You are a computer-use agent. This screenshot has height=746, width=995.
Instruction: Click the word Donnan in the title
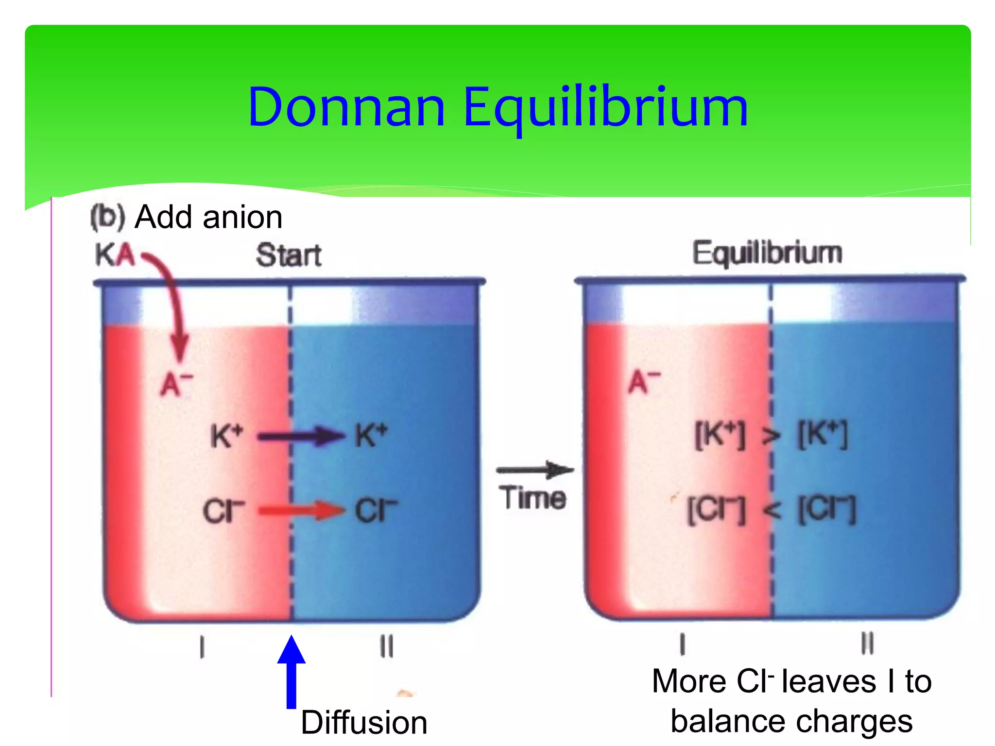click(346, 107)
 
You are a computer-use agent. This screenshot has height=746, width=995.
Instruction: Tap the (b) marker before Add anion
click(108, 217)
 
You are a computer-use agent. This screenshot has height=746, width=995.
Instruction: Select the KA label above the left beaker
click(115, 255)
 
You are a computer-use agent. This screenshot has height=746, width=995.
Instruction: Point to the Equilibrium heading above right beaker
click(767, 253)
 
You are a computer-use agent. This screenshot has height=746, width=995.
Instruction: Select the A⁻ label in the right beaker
click(644, 382)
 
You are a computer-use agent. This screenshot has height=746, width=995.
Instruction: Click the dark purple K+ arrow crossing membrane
click(301, 436)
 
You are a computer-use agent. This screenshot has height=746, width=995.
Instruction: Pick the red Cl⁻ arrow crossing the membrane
click(301, 510)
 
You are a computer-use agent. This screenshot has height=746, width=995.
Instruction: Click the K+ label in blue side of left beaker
click(371, 435)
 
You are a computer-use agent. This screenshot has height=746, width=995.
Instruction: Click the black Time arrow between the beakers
click(534, 470)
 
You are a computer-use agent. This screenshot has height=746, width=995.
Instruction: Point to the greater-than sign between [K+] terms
click(771, 436)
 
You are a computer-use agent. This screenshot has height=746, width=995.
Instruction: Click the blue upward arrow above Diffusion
click(291, 673)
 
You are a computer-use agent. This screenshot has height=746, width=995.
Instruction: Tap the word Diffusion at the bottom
click(364, 723)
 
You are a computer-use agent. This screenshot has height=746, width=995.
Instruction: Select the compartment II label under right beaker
click(867, 644)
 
